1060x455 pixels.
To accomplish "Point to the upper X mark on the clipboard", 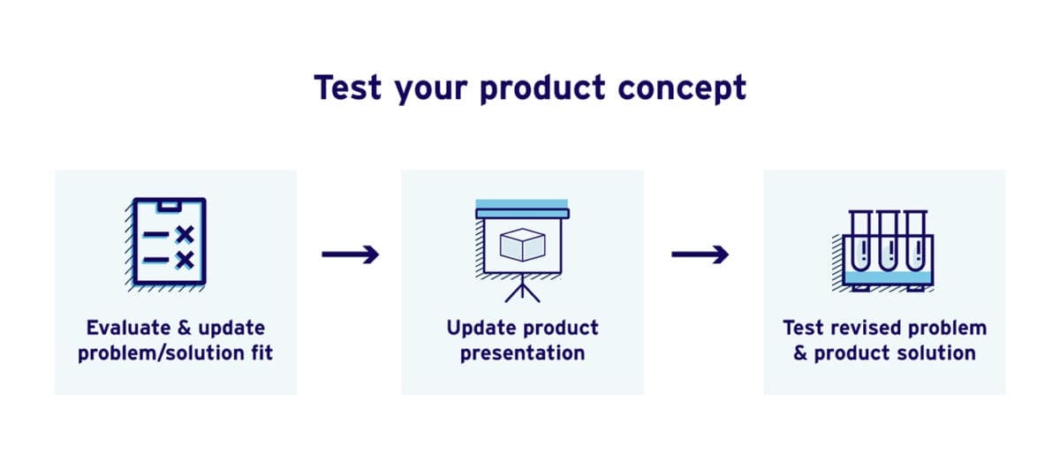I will point(184,234).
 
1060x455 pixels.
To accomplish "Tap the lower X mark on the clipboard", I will point(184,260).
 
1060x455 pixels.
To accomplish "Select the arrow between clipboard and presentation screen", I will point(350,254).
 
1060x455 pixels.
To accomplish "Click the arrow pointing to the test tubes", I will point(700,254).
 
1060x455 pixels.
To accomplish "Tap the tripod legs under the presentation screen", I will point(522,290).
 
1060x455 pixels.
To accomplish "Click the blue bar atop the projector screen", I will point(521,205).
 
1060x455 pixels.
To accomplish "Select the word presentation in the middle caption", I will point(522,353).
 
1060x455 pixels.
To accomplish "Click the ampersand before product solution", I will point(800,353).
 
